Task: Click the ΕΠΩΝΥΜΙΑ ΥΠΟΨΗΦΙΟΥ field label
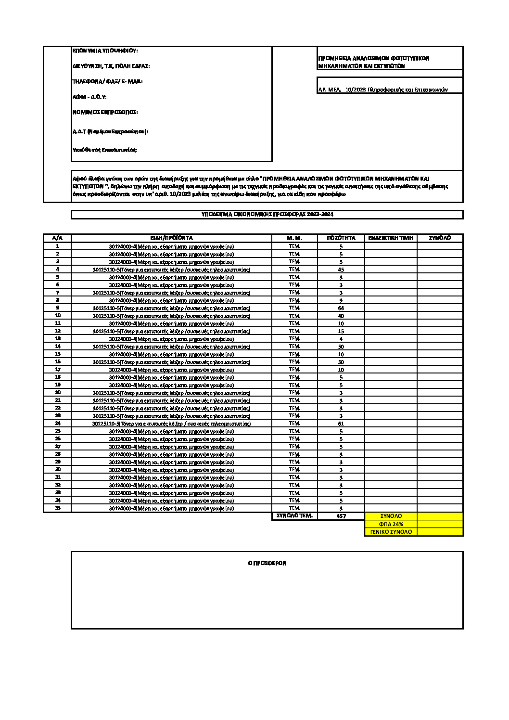coord(105,51)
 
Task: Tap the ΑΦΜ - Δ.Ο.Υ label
coord(89,97)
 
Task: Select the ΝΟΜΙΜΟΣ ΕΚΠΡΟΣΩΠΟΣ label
coord(105,112)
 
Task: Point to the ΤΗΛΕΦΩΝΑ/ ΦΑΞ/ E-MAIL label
coord(107,81)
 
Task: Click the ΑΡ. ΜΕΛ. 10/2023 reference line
coord(383,90)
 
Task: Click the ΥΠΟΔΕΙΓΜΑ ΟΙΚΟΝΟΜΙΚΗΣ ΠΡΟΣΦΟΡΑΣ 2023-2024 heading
coord(267,214)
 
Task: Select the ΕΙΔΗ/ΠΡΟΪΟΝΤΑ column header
coord(171,238)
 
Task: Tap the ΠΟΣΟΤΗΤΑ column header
coord(341,238)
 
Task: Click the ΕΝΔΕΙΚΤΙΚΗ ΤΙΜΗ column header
coord(390,238)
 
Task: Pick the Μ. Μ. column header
coord(294,238)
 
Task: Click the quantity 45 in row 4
coord(341,270)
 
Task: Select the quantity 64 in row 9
coord(341,308)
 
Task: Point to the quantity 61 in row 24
coord(341,424)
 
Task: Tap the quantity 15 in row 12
coord(341,331)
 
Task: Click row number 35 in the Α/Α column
coord(58,508)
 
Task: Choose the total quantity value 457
coord(341,516)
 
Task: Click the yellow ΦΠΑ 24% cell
coord(391,524)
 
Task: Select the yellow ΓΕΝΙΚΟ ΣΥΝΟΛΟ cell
coord(391,532)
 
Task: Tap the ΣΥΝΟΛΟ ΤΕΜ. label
coord(294,516)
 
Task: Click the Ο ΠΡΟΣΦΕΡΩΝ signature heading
coord(267,563)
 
